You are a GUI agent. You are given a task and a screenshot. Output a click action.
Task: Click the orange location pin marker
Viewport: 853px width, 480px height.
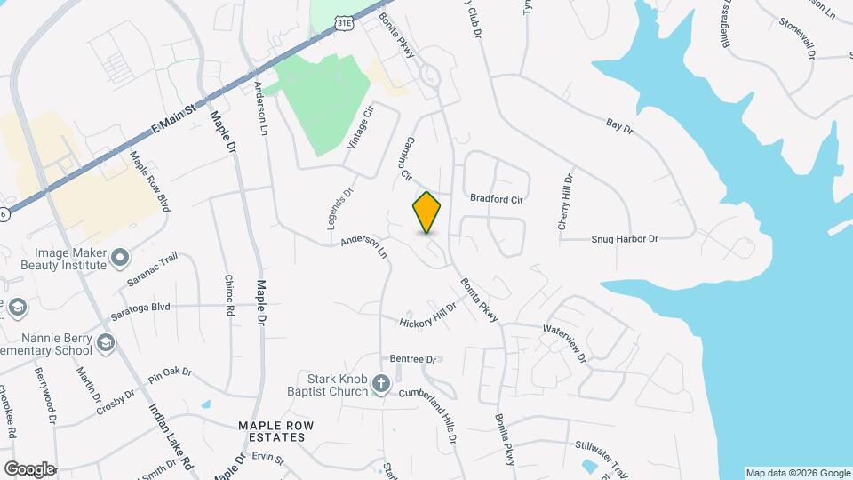[x=427, y=212]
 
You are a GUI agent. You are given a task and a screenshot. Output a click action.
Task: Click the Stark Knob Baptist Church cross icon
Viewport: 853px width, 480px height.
[x=380, y=384]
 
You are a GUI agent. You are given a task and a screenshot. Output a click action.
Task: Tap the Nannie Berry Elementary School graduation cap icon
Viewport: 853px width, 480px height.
[x=106, y=343]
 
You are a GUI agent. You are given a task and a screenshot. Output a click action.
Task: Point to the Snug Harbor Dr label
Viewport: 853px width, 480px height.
[x=625, y=239]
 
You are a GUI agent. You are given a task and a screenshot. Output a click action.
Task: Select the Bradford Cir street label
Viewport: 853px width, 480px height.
[x=496, y=199]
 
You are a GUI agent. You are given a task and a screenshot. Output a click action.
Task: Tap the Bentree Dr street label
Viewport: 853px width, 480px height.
[x=415, y=359]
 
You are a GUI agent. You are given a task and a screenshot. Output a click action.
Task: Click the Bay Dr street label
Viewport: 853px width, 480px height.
[x=618, y=129]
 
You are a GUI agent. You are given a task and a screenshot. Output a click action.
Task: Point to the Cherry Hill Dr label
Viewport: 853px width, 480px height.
[x=566, y=204]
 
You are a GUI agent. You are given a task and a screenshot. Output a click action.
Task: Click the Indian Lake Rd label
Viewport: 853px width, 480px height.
[x=170, y=437]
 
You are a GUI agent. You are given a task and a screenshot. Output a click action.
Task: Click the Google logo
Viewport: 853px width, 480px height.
[x=29, y=468]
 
